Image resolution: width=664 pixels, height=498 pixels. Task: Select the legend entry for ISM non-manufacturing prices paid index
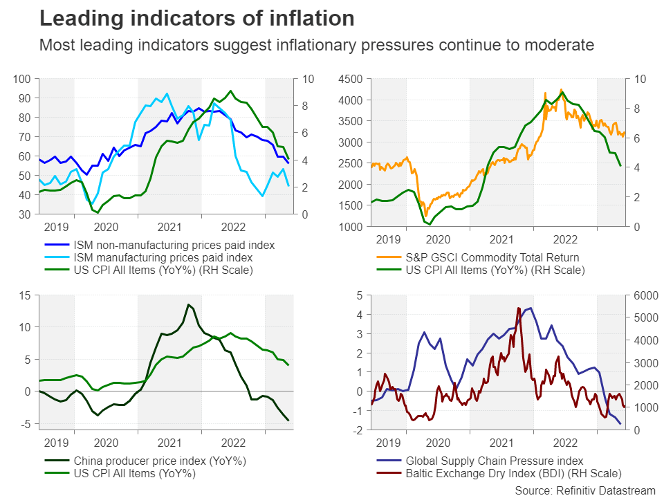click(174, 245)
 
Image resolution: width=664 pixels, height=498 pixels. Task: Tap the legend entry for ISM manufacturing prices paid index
click(163, 257)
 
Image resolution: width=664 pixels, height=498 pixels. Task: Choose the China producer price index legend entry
click(160, 461)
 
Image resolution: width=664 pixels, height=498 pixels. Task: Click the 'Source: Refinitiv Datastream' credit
click(584, 490)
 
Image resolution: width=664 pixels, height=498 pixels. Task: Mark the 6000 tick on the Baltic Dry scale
click(645, 295)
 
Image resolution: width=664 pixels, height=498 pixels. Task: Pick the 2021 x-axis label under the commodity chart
click(500, 239)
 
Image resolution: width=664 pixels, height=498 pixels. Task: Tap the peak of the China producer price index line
click(188, 304)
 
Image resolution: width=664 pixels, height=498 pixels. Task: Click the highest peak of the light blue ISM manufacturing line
click(167, 93)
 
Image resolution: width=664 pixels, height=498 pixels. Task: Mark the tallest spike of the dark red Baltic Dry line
click(519, 308)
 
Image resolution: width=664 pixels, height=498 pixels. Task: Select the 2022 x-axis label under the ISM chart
click(233, 227)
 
